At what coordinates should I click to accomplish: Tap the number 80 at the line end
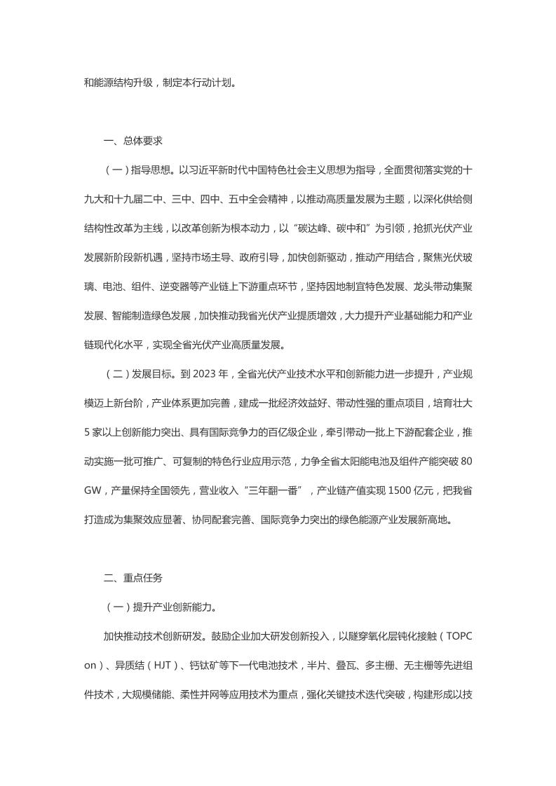465,462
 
